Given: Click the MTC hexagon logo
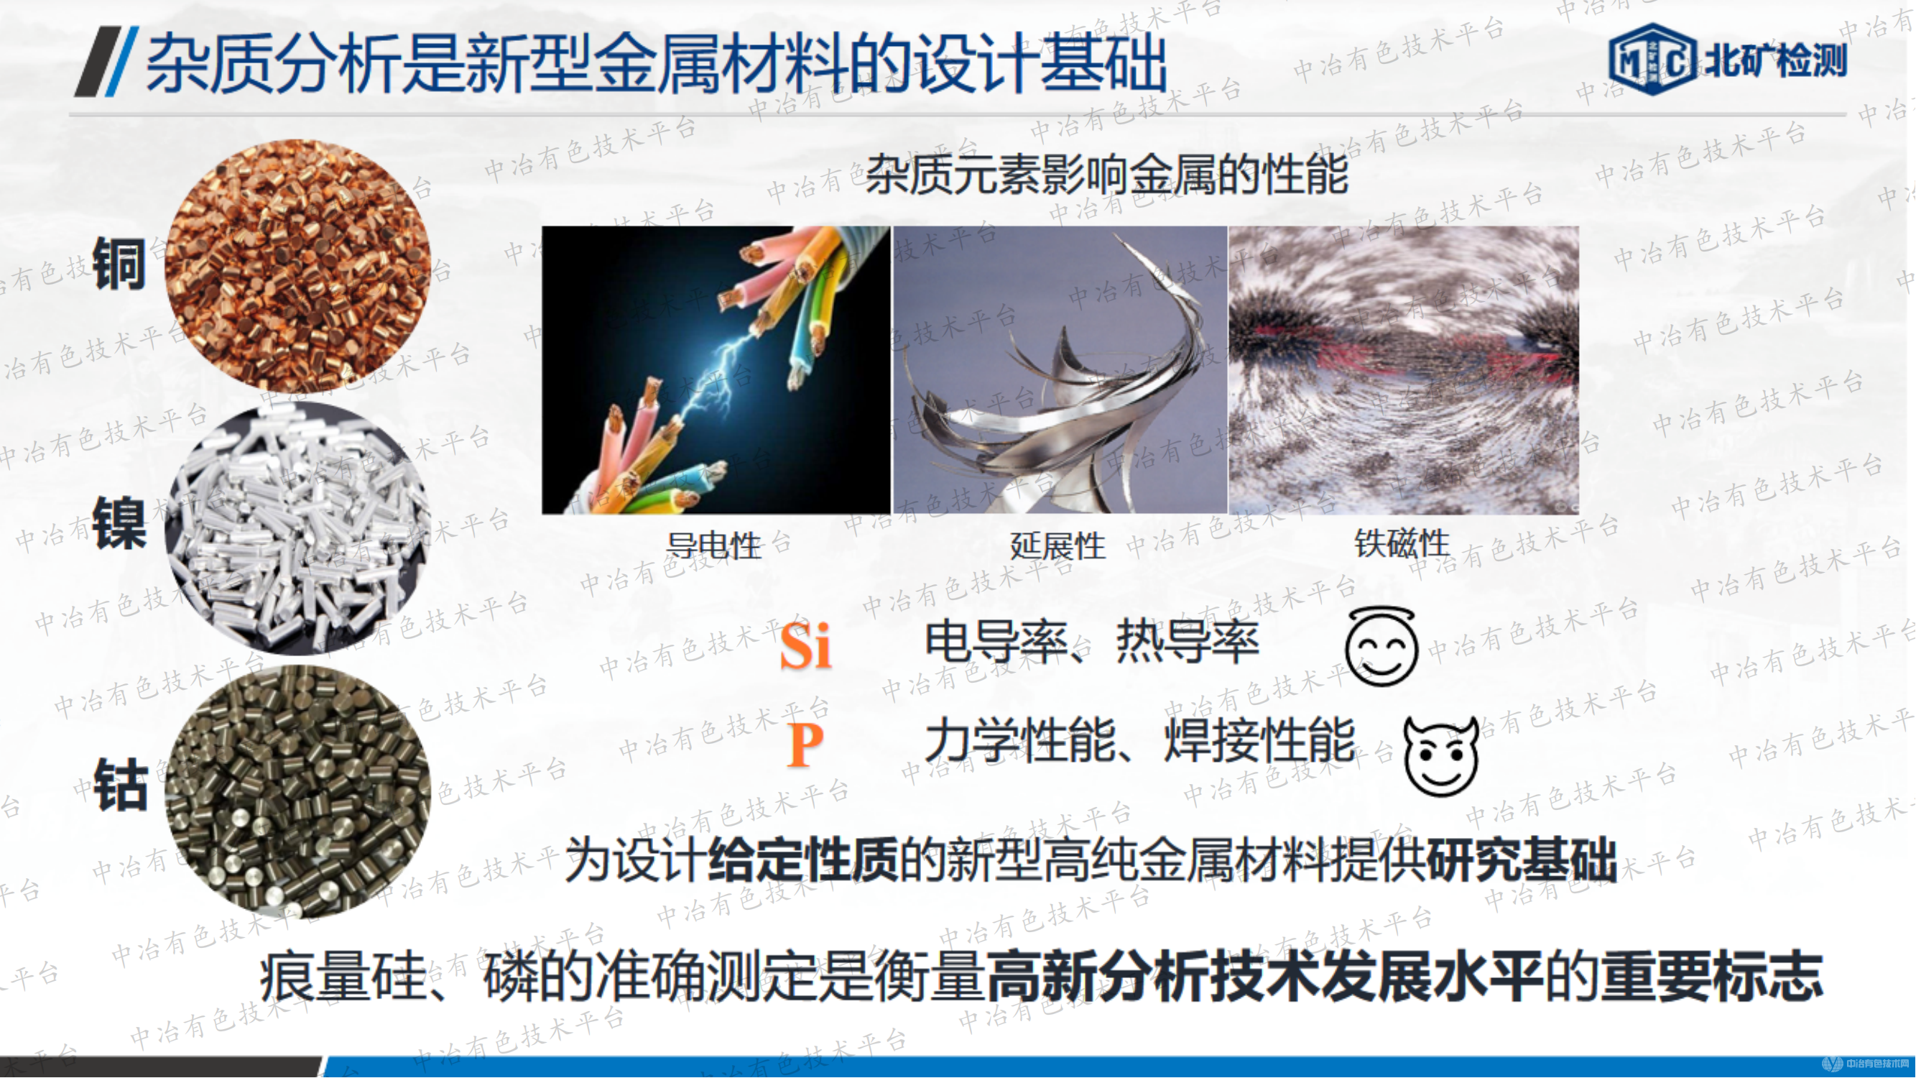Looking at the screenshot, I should click(1652, 60).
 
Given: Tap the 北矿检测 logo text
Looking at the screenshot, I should click(1776, 60).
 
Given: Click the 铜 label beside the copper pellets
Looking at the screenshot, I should click(119, 264).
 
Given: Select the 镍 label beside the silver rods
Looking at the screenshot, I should click(119, 525).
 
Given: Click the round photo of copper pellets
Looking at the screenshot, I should click(297, 266).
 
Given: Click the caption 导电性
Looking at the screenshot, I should click(713, 546).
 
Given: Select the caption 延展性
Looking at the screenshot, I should click(1057, 546).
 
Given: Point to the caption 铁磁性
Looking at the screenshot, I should click(1402, 543).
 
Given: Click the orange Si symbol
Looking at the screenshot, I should click(805, 645).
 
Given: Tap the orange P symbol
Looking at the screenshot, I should click(805, 744).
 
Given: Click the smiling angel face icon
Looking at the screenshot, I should click(1382, 648).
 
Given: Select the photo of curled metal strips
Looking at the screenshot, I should click(1059, 369).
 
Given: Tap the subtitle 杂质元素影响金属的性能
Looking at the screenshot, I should click(1107, 175).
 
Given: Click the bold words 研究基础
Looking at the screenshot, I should click(1522, 860).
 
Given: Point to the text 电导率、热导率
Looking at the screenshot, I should click(1092, 641).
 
